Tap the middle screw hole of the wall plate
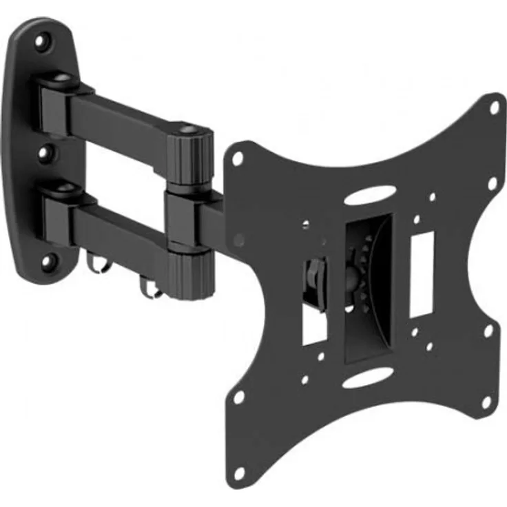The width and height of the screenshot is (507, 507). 45,151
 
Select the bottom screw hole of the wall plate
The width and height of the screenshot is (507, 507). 48,260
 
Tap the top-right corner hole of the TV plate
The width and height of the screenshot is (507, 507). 494,108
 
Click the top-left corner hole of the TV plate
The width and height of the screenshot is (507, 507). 238,158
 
